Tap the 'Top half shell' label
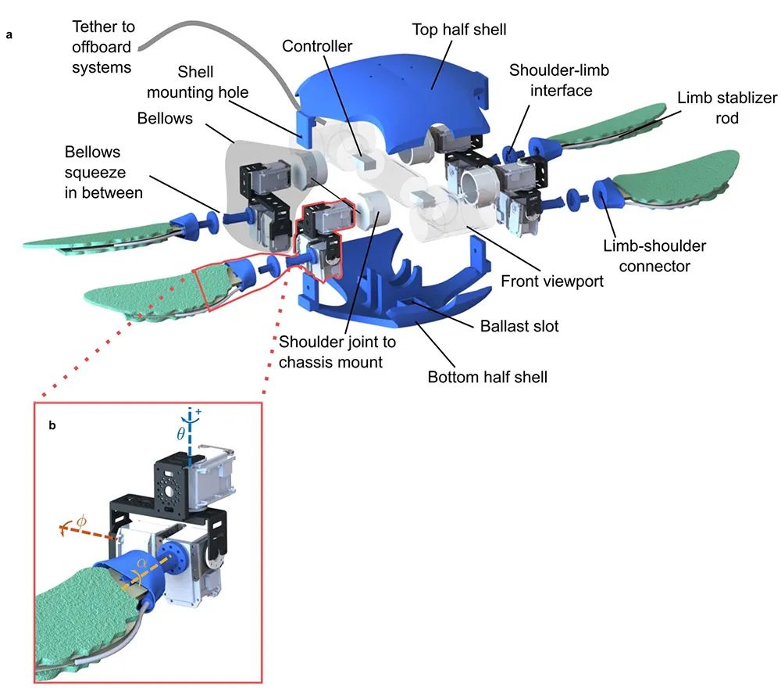tap(459, 30)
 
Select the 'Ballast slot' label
tap(519, 325)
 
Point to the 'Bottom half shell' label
tap(487, 377)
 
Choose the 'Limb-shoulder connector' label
tap(654, 256)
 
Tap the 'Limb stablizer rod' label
tap(715, 108)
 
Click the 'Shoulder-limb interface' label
tap(559, 81)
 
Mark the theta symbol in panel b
tap(180, 433)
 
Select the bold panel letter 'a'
tap(10, 35)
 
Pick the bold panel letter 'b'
tap(52, 427)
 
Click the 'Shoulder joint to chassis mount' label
tap(337, 353)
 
